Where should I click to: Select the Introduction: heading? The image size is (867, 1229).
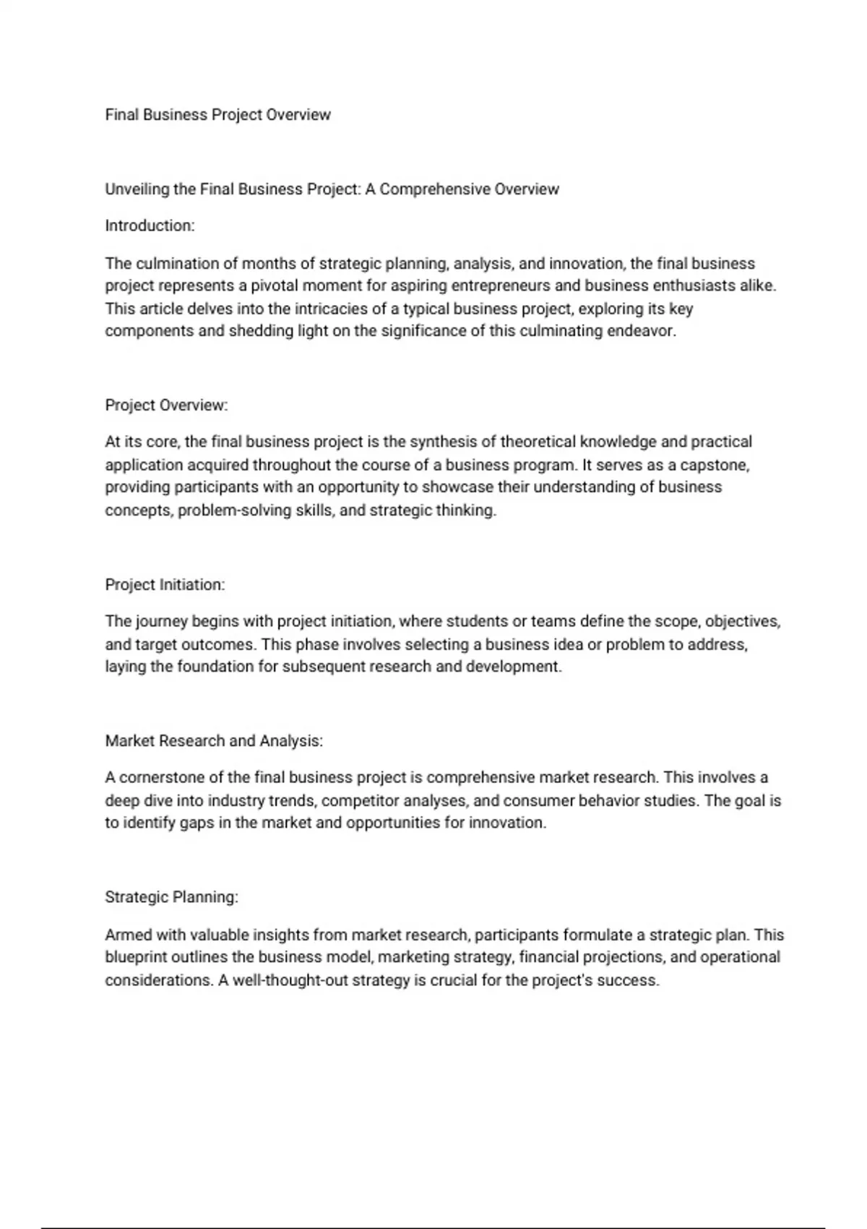pos(150,226)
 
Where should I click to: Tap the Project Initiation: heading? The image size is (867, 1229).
pos(165,585)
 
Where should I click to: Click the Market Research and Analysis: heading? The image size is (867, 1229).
pos(214,741)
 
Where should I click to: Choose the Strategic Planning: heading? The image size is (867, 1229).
pos(171,897)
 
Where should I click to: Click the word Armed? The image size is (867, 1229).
pos(126,935)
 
